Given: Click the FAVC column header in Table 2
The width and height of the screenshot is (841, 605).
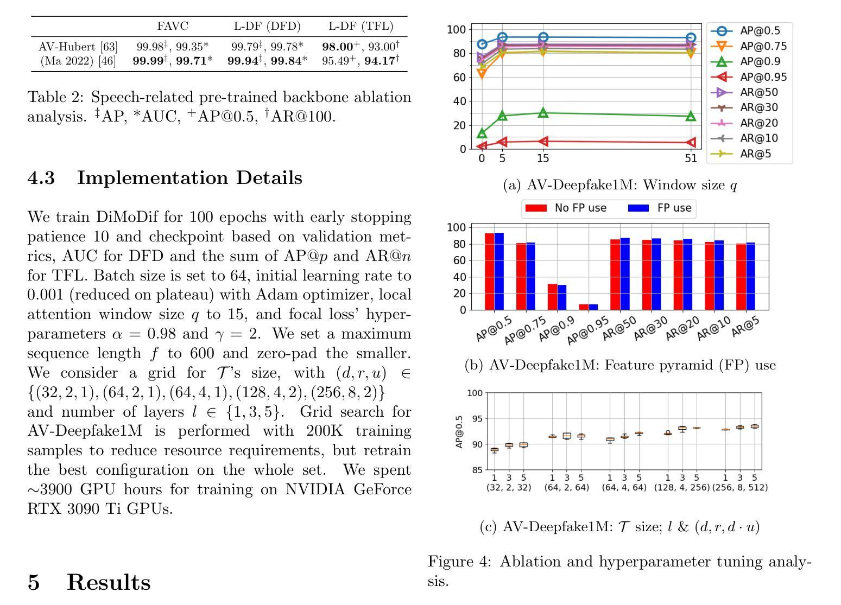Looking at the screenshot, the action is click(172, 26).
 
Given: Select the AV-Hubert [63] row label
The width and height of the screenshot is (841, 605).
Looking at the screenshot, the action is click(78, 47).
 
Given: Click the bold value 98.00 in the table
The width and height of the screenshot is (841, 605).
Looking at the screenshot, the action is click(338, 47).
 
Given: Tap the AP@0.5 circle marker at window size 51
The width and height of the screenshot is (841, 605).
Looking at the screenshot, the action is click(691, 37).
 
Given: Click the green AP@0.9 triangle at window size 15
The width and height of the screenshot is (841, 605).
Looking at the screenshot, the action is click(543, 112).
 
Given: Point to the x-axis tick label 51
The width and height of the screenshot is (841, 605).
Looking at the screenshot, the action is click(691, 158).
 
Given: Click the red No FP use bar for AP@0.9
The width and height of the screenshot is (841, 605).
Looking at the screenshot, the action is click(552, 297).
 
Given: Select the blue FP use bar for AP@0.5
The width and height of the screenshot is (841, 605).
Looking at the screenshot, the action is click(499, 271).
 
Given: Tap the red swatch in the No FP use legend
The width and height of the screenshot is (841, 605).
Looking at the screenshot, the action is click(536, 208).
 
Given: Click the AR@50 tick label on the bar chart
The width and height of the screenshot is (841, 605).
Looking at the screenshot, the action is click(619, 328).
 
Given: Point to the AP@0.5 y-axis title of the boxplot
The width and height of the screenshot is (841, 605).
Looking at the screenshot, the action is click(459, 431).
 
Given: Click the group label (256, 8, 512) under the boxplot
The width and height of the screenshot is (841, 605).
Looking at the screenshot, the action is click(739, 488).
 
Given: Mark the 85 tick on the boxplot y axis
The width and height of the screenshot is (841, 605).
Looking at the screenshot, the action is click(477, 470).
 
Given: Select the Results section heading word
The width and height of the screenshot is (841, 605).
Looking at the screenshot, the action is click(109, 582).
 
